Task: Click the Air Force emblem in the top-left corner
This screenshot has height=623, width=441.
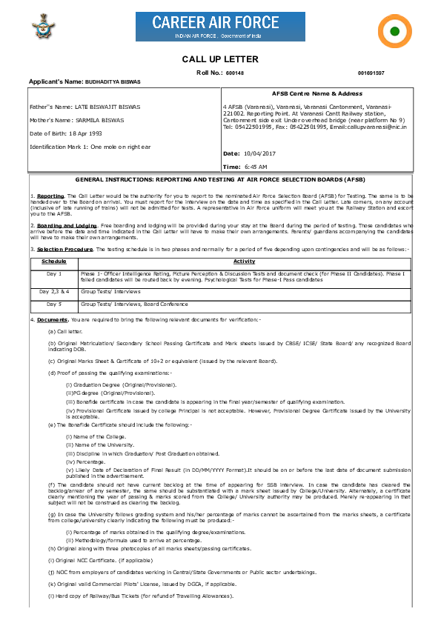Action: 39,30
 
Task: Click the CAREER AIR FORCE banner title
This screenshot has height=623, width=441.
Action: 208,23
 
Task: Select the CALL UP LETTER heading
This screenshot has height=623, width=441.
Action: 220,59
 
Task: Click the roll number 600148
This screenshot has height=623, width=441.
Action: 235,73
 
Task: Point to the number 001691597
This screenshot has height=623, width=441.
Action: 371,73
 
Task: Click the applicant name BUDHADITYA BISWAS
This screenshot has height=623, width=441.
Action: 113,81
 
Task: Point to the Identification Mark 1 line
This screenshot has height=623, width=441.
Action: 90,147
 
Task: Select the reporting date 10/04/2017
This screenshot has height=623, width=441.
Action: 259,153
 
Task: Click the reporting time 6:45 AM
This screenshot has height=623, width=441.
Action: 255,167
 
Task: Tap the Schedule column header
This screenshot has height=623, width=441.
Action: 54,261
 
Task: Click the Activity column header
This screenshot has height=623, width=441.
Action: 244,261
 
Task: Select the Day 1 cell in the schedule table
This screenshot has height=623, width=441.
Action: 54,274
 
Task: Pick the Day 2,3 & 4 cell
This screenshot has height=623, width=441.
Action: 54,292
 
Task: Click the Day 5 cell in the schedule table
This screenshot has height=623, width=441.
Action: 54,304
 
